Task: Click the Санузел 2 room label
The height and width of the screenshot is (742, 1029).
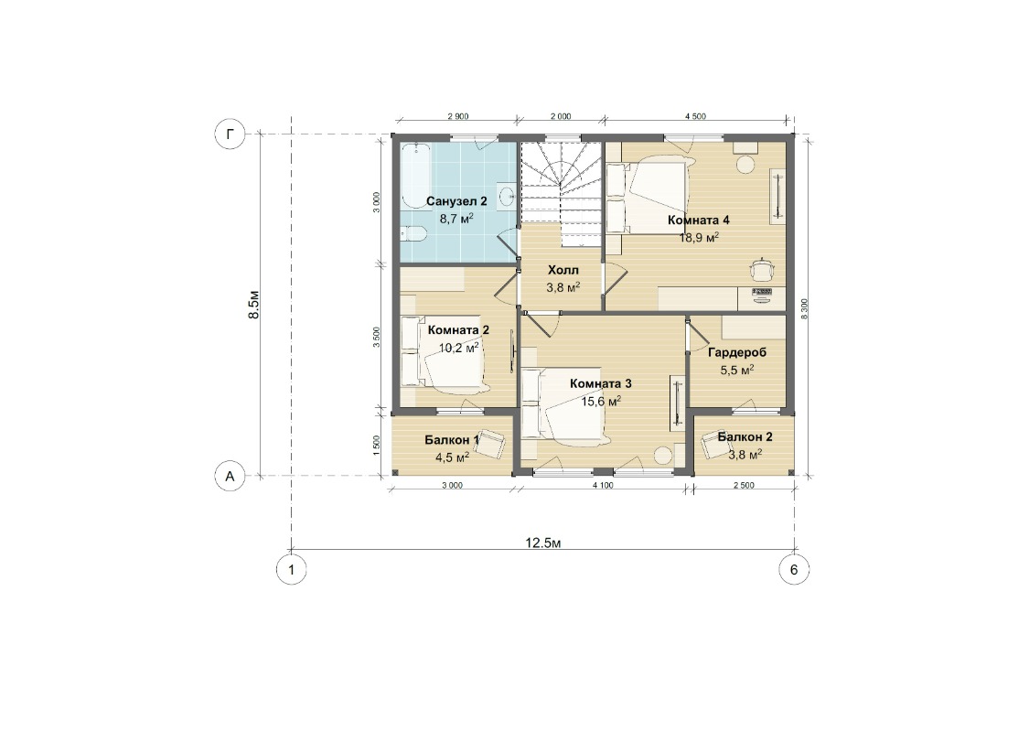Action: click(x=456, y=201)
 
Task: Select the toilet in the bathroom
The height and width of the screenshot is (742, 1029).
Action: click(x=413, y=234)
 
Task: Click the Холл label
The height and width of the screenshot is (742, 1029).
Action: click(x=563, y=270)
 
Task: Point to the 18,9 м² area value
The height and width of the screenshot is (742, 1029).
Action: click(x=699, y=237)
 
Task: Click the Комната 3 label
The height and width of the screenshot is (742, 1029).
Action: click(x=600, y=383)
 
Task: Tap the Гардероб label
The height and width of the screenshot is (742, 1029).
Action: click(x=737, y=352)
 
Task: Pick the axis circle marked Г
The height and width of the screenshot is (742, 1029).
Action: click(x=230, y=134)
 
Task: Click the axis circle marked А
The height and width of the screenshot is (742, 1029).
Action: click(x=230, y=476)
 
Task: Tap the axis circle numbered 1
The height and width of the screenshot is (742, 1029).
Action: click(x=292, y=569)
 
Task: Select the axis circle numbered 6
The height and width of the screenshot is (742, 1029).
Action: click(x=794, y=569)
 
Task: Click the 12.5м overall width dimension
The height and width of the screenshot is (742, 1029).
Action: click(x=543, y=543)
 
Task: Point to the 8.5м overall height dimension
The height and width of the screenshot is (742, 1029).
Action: click(x=254, y=305)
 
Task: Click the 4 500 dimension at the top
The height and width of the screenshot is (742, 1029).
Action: click(x=696, y=116)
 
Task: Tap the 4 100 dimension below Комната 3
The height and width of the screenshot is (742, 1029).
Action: click(x=603, y=486)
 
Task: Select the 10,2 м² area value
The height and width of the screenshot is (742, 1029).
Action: click(x=458, y=348)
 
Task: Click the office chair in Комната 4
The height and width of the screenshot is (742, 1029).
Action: click(x=762, y=269)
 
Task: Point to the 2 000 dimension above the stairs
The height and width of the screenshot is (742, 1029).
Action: click(x=561, y=116)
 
